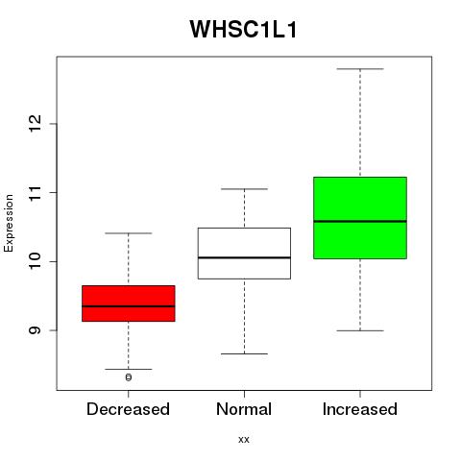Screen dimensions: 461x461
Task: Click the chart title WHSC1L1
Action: pyautogui.click(x=244, y=30)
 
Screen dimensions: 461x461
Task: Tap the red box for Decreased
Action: pyautogui.click(x=129, y=303)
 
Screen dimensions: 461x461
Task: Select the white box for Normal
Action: pyautogui.click(x=244, y=254)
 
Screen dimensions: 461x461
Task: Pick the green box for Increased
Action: pyautogui.click(x=360, y=218)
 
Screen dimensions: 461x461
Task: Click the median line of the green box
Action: pyautogui.click(x=360, y=221)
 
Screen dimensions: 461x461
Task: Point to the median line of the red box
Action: pyautogui.click(x=129, y=306)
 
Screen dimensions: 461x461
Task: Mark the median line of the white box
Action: pyautogui.click(x=244, y=257)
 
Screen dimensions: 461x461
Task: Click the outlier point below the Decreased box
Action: pyautogui.click(x=129, y=377)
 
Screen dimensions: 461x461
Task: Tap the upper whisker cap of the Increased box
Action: pyautogui.click(x=360, y=69)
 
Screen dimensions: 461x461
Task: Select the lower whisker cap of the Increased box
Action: pyautogui.click(x=360, y=330)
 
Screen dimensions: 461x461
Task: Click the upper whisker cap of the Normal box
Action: pyautogui.click(x=244, y=189)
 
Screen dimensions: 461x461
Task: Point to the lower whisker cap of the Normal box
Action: pyautogui.click(x=244, y=353)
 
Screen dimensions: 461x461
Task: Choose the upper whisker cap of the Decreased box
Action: pyautogui.click(x=129, y=233)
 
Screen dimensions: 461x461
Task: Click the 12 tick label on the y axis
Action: pyautogui.click(x=35, y=124)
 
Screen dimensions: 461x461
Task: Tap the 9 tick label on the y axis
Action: pyautogui.click(x=35, y=330)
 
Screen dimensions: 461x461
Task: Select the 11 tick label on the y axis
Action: pyautogui.click(x=35, y=192)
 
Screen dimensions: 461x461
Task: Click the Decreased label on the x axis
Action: pyautogui.click(x=128, y=409)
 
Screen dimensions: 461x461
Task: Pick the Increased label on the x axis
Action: pyautogui.click(x=360, y=409)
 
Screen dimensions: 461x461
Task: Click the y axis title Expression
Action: pyautogui.click(x=9, y=223)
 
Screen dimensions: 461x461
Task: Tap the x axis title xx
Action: pyautogui.click(x=244, y=440)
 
